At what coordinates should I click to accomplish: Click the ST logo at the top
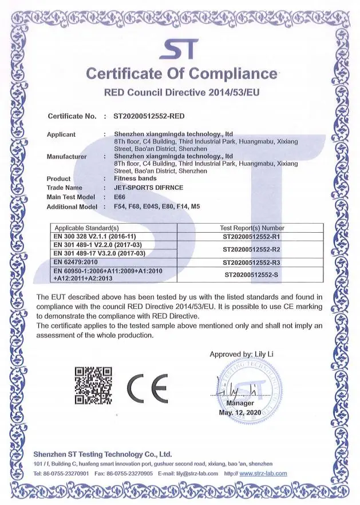tap(180, 50)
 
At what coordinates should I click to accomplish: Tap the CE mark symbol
tap(147, 388)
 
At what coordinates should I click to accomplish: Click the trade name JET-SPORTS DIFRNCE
tap(148, 188)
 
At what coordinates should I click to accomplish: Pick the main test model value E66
tap(120, 197)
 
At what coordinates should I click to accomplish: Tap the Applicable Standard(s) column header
tap(86, 227)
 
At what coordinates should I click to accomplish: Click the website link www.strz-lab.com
tap(263, 474)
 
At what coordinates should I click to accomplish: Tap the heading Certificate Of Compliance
tap(181, 74)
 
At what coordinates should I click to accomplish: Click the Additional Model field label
tap(72, 206)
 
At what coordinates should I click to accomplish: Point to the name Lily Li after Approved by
tap(264, 354)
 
